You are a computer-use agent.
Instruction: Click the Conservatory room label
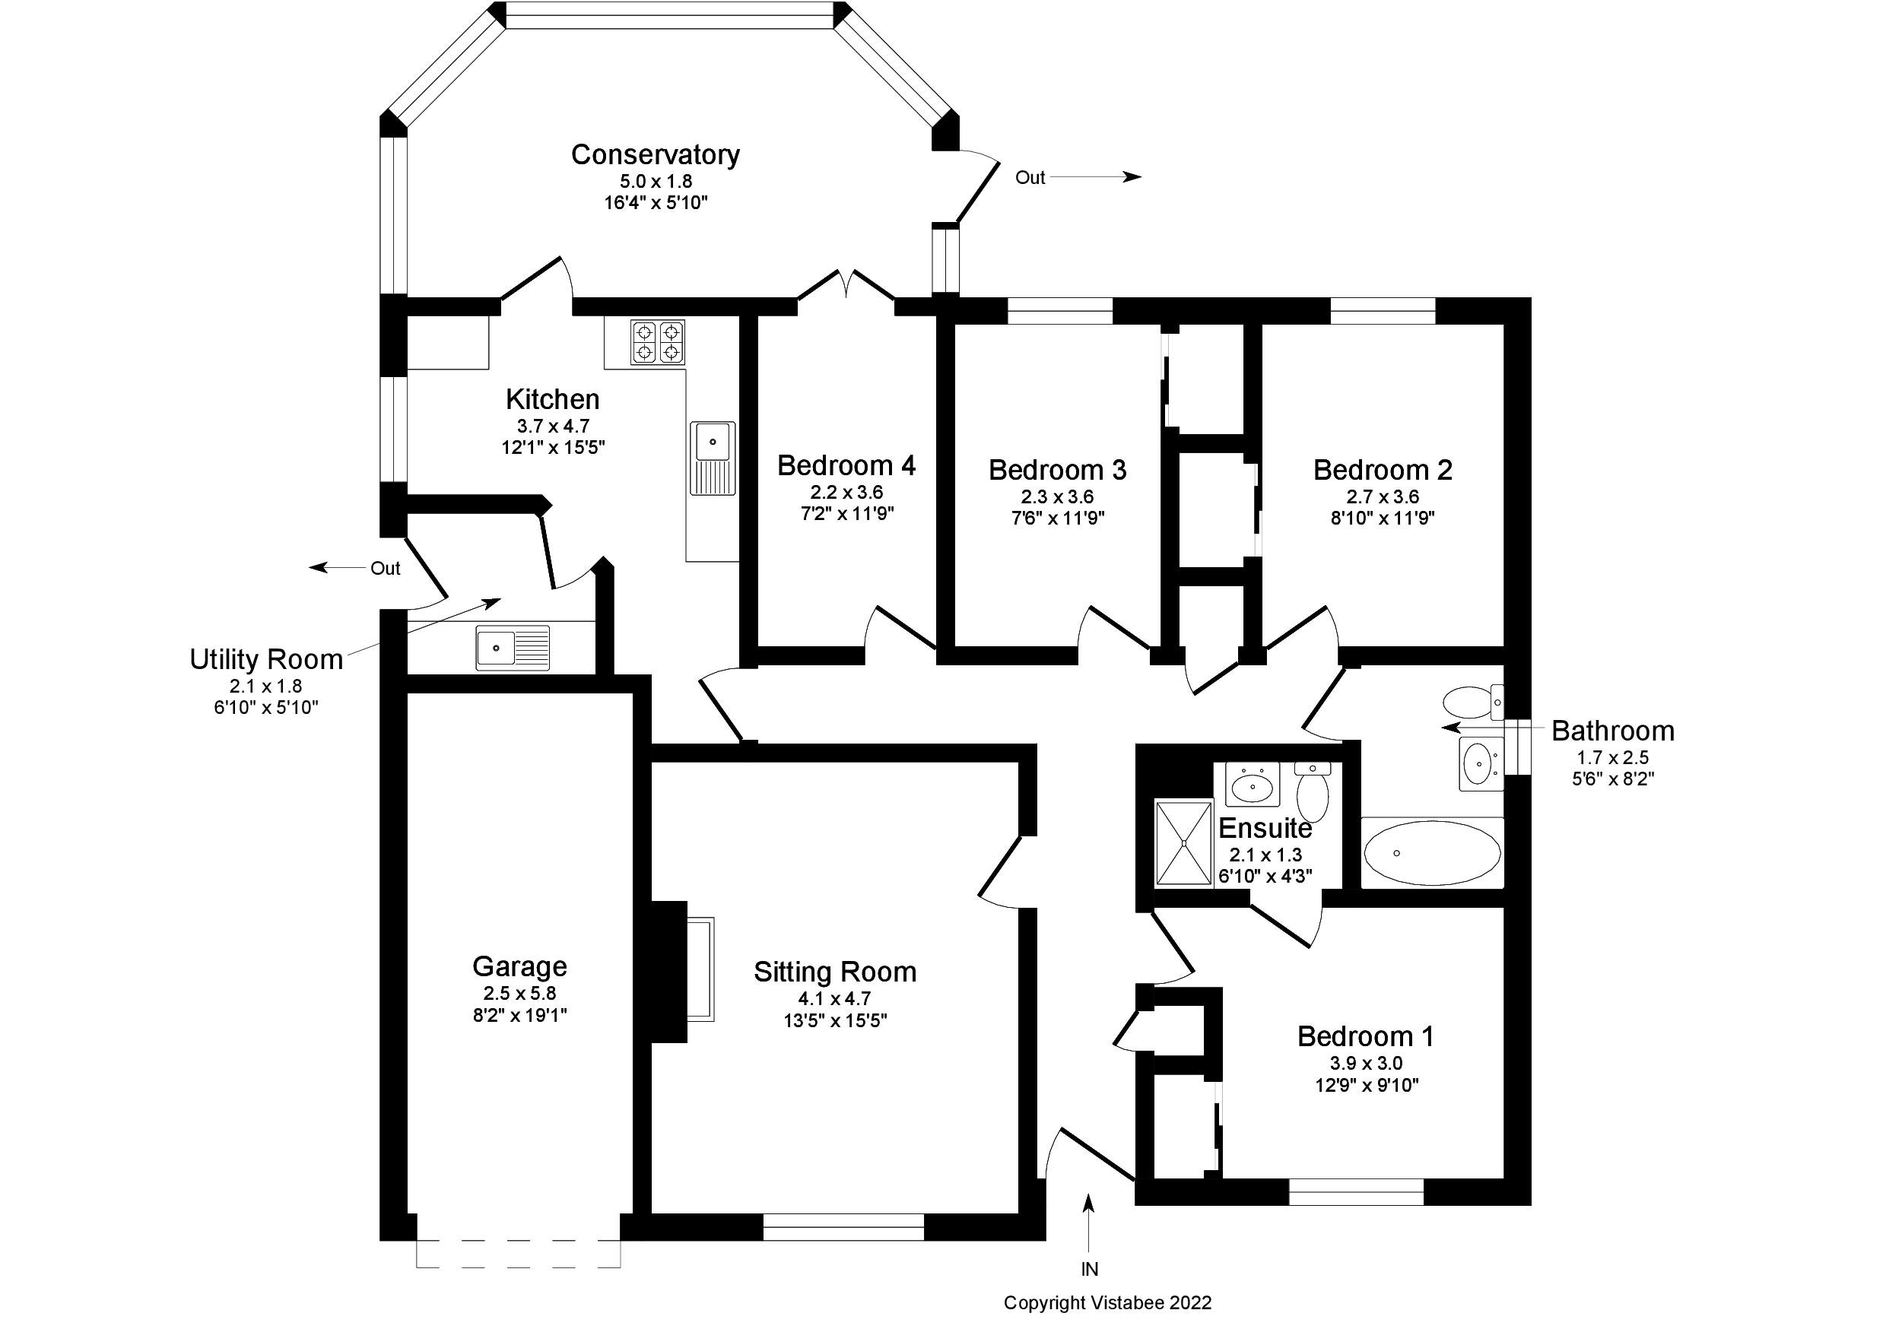pyautogui.click(x=656, y=154)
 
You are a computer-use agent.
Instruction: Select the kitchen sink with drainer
pyautogui.click(x=712, y=458)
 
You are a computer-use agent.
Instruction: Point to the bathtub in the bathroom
pyautogui.click(x=1433, y=852)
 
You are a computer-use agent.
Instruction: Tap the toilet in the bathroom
pyautogui.click(x=1474, y=703)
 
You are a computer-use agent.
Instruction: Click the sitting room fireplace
pyautogui.click(x=680, y=972)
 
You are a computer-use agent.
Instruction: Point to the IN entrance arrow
pyautogui.click(x=1089, y=1223)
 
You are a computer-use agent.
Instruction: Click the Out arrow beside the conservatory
pyautogui.click(x=1096, y=176)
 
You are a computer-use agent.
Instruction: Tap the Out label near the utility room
pyautogui.click(x=386, y=569)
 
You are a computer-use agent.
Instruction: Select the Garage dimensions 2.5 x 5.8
pyautogui.click(x=520, y=994)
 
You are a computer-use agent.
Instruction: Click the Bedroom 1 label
pyautogui.click(x=1366, y=1036)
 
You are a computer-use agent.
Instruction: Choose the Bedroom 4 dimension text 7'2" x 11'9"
pyautogui.click(x=847, y=514)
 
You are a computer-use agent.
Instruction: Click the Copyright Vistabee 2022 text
pyautogui.click(x=1107, y=1302)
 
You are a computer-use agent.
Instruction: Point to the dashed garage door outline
pyautogui.click(x=519, y=1253)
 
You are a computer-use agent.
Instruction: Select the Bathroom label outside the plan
pyautogui.click(x=1613, y=731)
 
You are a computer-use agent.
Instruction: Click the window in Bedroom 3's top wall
pyautogui.click(x=1059, y=310)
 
